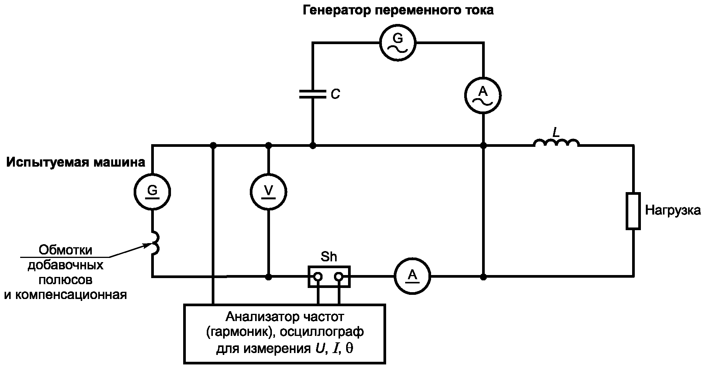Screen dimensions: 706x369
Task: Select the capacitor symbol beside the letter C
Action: point(313,94)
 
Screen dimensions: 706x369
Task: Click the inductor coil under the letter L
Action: point(556,142)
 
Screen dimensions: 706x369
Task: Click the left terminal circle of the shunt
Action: point(318,277)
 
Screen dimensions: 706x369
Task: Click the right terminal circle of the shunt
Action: point(339,277)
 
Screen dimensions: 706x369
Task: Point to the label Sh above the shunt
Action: point(329,257)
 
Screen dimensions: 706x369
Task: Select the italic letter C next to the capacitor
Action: point(335,94)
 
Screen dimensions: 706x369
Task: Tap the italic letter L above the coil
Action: point(556,132)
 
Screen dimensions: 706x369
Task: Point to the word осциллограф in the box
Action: point(322,332)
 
